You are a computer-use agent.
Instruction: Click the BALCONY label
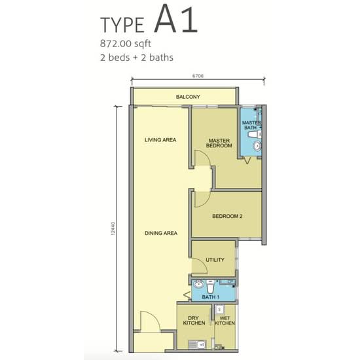(188, 97)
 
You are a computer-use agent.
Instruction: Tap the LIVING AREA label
(160, 140)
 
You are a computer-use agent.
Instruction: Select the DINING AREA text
(161, 233)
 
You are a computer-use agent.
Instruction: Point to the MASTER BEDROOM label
(219, 143)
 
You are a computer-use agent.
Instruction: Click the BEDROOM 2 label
(227, 216)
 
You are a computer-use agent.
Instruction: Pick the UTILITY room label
(215, 260)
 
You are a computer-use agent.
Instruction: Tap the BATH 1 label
(211, 297)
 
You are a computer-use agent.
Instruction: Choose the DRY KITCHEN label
(194, 321)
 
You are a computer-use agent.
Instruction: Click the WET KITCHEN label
(225, 321)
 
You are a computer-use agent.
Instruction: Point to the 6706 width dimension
(198, 76)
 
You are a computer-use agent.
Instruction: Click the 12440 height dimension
(113, 228)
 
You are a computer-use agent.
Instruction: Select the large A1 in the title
(176, 19)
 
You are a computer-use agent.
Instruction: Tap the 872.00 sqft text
(126, 44)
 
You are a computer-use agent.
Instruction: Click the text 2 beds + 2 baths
(137, 58)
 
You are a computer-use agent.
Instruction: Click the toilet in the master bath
(255, 135)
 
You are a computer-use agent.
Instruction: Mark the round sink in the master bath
(257, 146)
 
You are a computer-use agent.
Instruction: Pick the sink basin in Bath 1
(198, 284)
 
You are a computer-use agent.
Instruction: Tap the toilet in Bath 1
(210, 286)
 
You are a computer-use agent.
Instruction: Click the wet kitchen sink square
(220, 310)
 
